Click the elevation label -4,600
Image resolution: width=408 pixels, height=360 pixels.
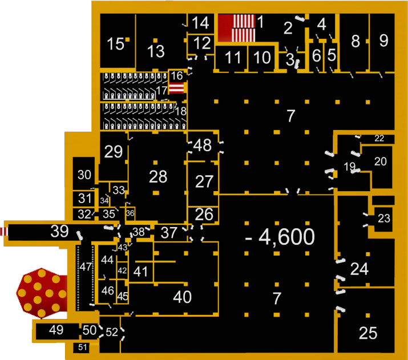pos(280,236)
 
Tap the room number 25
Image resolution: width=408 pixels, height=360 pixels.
pos(368,333)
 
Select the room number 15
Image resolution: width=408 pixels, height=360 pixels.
pos(116,44)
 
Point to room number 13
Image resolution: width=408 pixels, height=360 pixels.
pos(156,51)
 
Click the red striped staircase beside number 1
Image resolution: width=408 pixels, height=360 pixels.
pos(236,27)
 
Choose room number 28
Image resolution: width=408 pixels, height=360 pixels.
pos(158,176)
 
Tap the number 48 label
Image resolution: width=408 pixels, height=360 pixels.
pos(203,145)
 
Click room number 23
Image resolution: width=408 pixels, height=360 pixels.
pos(384,218)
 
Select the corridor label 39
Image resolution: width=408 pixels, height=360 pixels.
pos(59,232)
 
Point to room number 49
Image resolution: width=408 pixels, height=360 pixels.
pos(56,330)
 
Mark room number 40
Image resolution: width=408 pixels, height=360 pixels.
pos(182,297)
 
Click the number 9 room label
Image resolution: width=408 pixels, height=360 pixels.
pos(384,41)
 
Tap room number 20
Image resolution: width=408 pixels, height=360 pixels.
pos(380,161)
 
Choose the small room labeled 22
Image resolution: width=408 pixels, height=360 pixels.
pos(379,139)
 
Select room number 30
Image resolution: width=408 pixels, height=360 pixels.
pos(84,175)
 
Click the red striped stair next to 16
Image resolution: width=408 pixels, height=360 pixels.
pos(177,87)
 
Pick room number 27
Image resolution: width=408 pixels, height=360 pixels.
pos(204,182)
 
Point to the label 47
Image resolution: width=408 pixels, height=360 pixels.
pos(86,266)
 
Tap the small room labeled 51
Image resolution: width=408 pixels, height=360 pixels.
pos(83,347)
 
